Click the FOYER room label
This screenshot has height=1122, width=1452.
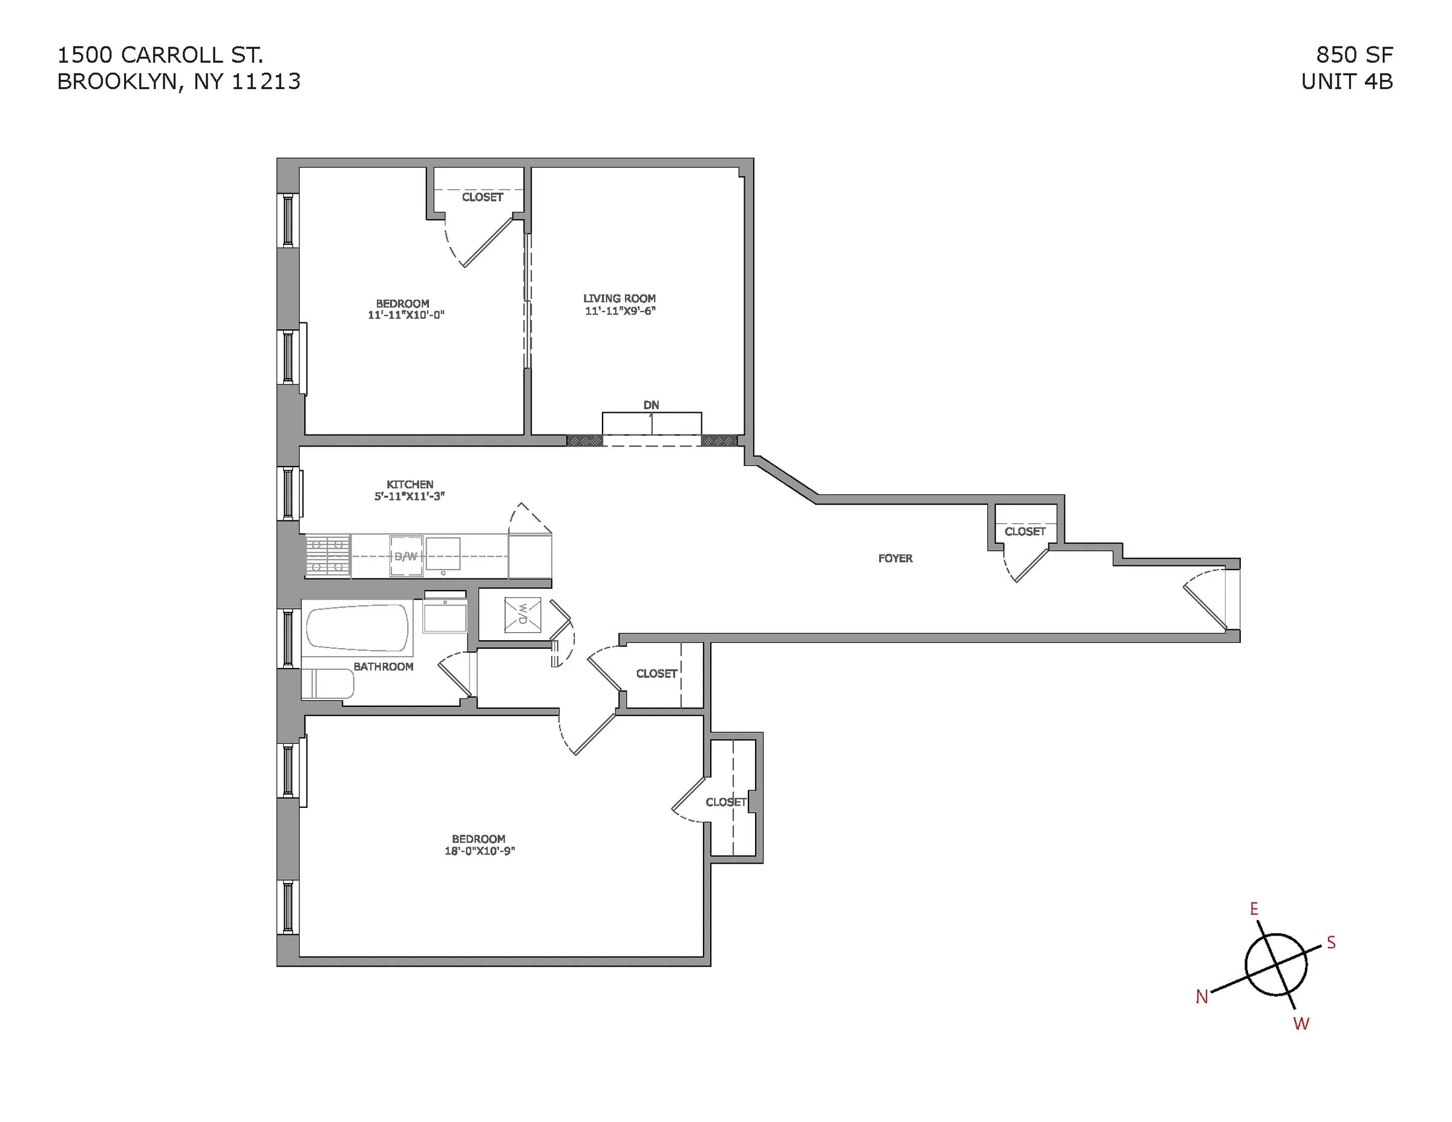pos(895,559)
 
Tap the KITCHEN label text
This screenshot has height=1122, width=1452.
pos(410,485)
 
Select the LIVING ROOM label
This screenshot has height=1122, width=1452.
pos(619,298)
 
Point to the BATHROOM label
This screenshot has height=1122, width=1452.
pos(383,666)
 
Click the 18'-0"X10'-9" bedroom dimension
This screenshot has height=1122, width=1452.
pos(479,851)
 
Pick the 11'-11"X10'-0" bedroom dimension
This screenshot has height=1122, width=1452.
pos(405,315)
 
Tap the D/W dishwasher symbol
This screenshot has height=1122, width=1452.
pos(405,556)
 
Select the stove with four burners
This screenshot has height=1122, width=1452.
pos(328,556)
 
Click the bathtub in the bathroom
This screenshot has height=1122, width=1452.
pos(358,627)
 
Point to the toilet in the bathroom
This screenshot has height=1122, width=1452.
pos(327,684)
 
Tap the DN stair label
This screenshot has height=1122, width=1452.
pos(651,405)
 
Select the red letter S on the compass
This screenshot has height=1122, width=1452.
pos(1331,942)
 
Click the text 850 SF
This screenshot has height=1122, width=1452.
pos(1354,54)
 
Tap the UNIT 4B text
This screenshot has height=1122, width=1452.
pos(1346,81)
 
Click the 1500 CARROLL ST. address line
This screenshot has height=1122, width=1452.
pos(160,54)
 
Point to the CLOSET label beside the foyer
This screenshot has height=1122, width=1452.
pos(1024,531)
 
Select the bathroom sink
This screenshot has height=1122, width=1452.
pos(445,615)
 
